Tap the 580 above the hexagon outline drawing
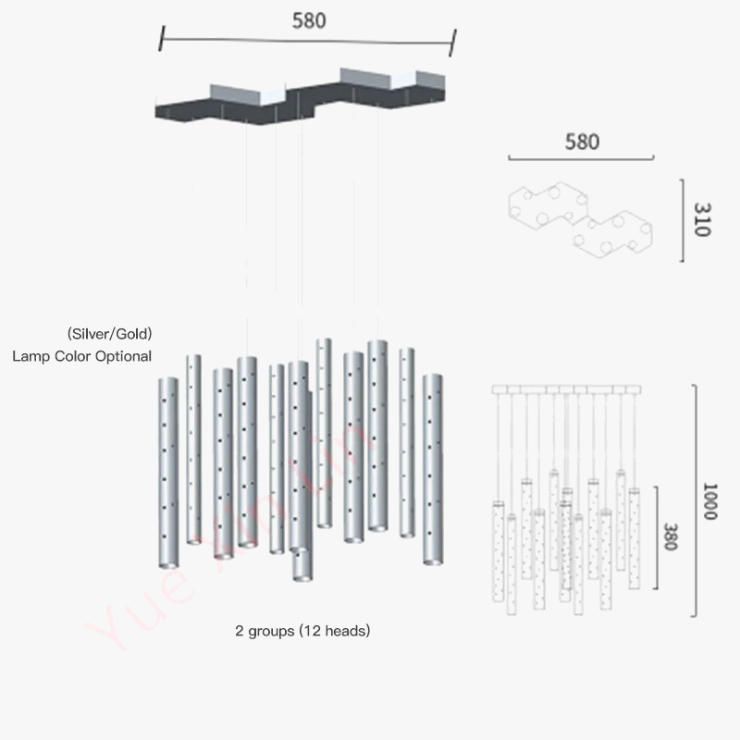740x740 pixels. (582, 142)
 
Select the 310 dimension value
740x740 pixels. (701, 221)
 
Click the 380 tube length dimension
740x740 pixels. (672, 537)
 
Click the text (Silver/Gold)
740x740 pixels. (109, 333)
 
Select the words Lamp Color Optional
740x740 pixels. (82, 355)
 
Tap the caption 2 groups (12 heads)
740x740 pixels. (302, 631)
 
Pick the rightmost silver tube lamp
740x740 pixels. (433, 469)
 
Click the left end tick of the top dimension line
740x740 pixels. (162, 38)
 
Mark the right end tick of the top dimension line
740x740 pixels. (455, 41)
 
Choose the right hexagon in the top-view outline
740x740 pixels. (614, 234)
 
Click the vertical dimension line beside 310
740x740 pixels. (683, 221)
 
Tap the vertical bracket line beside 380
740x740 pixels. (657, 537)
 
